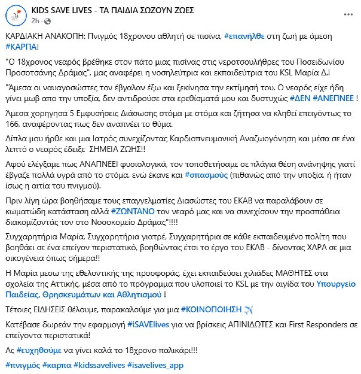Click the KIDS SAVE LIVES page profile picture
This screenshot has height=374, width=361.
[16, 15]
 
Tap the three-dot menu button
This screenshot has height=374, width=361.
[348, 15]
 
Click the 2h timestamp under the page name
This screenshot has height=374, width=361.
[35, 21]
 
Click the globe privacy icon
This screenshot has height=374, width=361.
[48, 21]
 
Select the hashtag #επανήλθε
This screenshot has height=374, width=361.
[244, 36]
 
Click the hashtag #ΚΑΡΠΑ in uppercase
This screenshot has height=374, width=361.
[21, 47]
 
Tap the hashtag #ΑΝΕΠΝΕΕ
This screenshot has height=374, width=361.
[333, 98]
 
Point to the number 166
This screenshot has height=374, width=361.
[12, 124]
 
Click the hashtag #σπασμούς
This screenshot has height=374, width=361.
[206, 175]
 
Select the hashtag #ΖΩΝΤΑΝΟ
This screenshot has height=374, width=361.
[133, 211]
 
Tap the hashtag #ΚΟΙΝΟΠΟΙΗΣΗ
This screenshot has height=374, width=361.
[211, 309]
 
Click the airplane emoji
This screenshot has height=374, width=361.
[248, 310]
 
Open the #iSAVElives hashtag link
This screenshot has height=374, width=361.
[148, 325]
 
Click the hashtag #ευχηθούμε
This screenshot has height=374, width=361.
[39, 350]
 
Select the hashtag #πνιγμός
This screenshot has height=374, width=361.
[23, 365]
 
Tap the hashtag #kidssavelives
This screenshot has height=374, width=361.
[99, 365]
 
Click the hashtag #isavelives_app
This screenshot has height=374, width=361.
[155, 365]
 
